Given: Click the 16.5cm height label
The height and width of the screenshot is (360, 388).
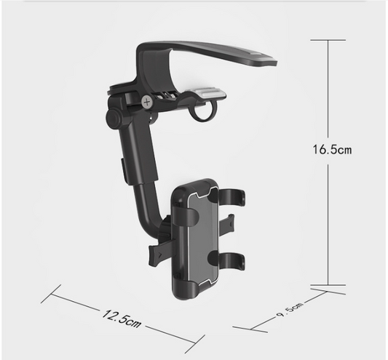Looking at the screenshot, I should [332, 150].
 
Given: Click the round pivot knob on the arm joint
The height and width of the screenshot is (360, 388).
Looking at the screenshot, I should [114, 118].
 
